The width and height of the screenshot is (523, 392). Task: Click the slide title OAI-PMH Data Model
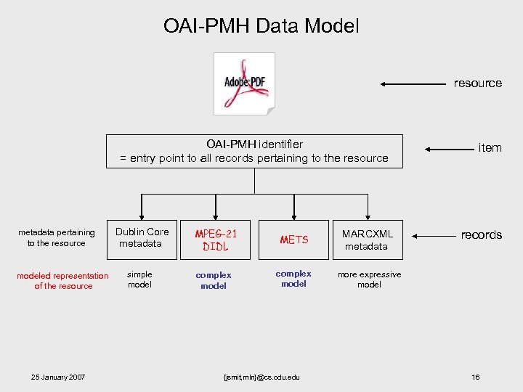(x=261, y=27)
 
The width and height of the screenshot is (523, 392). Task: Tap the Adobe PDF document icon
(x=245, y=83)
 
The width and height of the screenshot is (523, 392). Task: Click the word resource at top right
(x=477, y=83)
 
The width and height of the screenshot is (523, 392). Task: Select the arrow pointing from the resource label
(x=413, y=84)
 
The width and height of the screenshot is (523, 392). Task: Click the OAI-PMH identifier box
(x=254, y=151)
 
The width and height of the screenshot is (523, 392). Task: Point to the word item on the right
(x=490, y=148)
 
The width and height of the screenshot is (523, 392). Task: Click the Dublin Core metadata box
(x=142, y=238)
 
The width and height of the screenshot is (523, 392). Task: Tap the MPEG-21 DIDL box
(x=216, y=240)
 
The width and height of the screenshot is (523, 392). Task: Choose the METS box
(x=293, y=240)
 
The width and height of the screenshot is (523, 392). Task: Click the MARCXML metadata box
(x=367, y=240)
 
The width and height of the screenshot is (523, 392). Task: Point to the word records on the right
(x=481, y=235)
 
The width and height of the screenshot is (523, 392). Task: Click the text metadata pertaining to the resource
(x=57, y=238)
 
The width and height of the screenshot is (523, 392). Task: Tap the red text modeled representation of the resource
(x=62, y=281)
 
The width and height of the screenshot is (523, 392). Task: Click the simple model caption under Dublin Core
(x=139, y=279)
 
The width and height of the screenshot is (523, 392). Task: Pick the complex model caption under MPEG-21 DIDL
(x=214, y=280)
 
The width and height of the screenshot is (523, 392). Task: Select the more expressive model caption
(x=369, y=279)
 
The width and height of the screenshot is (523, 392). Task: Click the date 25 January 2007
(x=58, y=377)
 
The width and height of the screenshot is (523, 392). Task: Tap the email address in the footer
(x=262, y=377)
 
